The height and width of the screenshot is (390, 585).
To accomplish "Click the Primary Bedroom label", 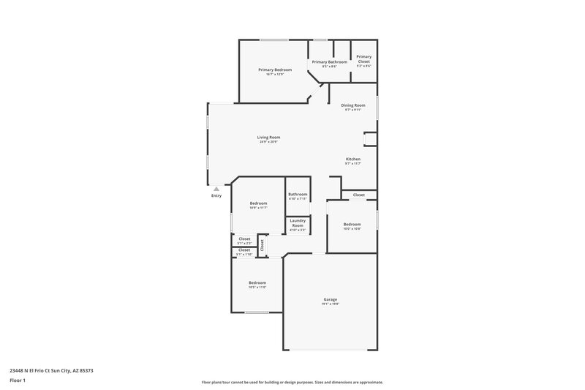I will [x=275, y=70].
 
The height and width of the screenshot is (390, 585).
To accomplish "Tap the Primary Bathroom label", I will [x=329, y=62].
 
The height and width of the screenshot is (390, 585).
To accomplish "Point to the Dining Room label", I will [x=353, y=105].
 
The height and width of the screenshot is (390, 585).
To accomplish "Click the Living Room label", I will [x=268, y=137].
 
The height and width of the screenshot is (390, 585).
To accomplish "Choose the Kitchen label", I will [x=353, y=159].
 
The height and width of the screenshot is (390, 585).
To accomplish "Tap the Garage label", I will [x=331, y=299].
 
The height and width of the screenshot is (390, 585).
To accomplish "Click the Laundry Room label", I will [x=298, y=222].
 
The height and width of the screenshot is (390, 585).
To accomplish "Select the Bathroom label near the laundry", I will [x=298, y=194].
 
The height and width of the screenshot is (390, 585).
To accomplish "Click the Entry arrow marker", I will [x=216, y=189].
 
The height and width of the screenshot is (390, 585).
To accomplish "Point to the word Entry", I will [x=216, y=196].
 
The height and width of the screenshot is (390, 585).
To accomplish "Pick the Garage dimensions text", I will [x=331, y=304].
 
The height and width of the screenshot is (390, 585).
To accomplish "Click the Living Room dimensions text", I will [x=268, y=142].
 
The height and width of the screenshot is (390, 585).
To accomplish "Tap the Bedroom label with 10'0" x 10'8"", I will [x=352, y=224].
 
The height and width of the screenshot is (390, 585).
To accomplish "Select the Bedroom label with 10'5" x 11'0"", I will [x=257, y=282].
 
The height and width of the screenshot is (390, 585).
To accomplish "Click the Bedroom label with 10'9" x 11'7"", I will [x=258, y=203].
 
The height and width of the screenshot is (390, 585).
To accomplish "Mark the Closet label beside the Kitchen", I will [x=359, y=195].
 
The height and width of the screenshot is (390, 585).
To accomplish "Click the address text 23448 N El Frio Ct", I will [x=51, y=370].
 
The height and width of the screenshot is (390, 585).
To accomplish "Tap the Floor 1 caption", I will [x=18, y=381].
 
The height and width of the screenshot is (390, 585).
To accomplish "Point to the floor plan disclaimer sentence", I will [x=292, y=382].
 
